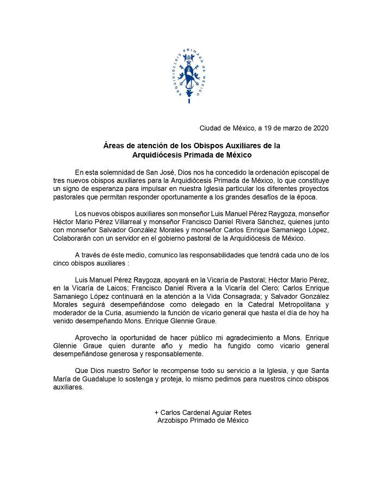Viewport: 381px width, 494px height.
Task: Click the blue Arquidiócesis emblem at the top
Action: coord(190,74)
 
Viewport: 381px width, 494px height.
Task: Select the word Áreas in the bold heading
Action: coord(114,146)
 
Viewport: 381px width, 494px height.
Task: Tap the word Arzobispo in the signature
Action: coord(174,420)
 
